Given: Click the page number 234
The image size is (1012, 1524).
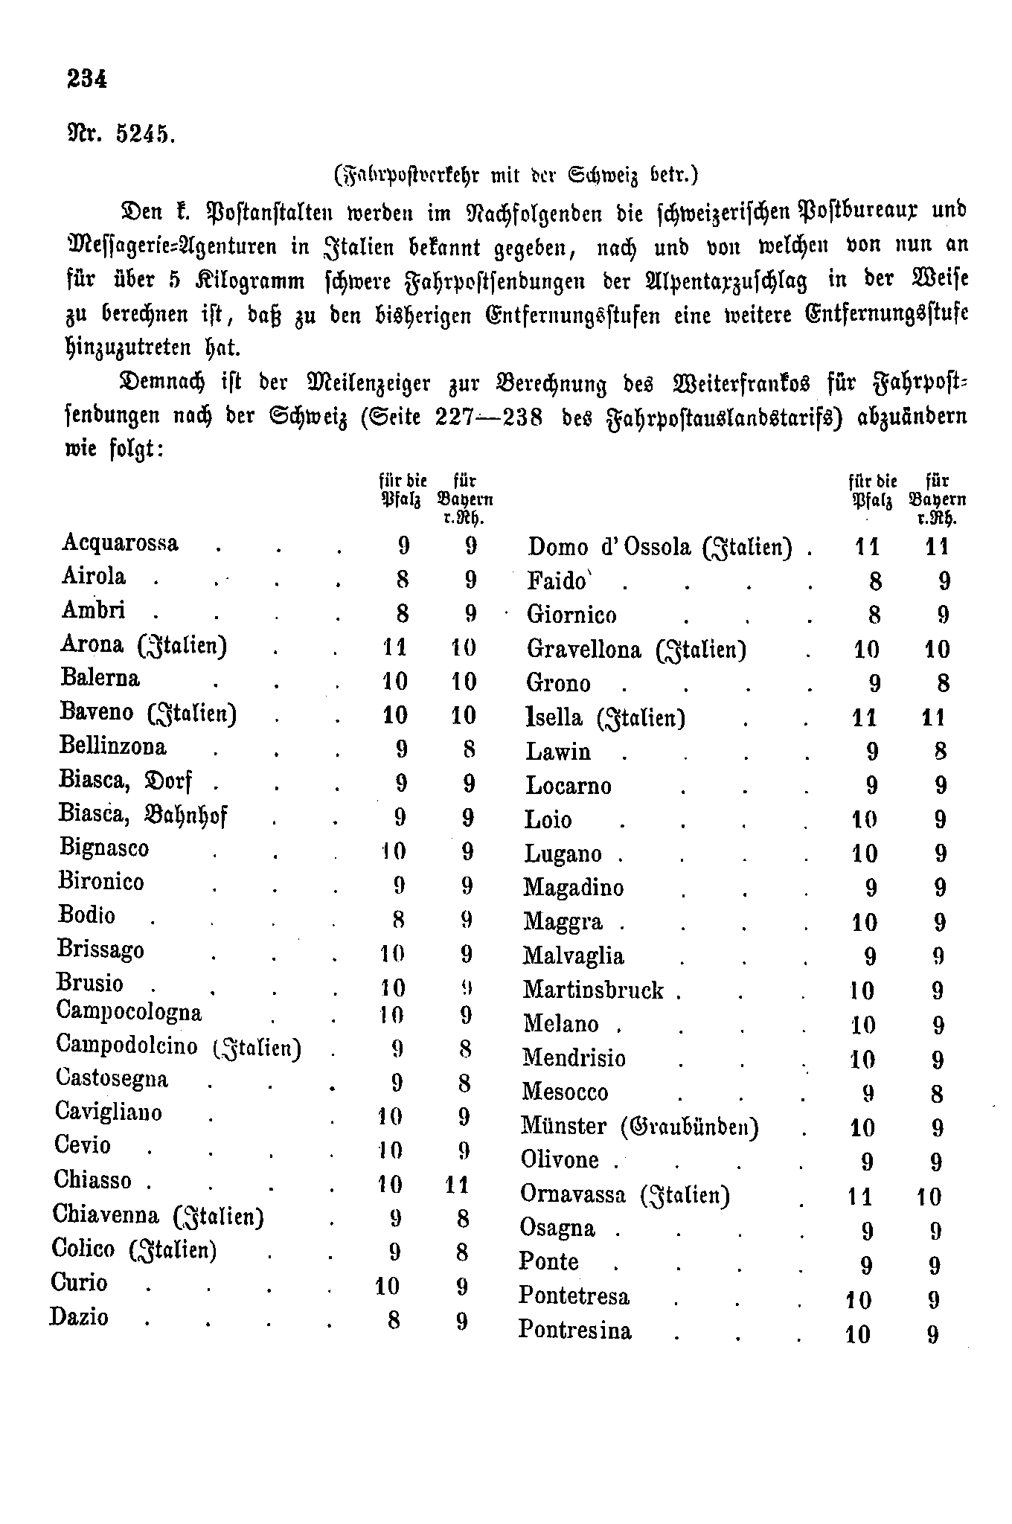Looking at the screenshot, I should tap(87, 78).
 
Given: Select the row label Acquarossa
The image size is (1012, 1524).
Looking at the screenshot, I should tap(120, 542).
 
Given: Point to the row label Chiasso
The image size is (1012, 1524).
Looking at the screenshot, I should tap(92, 1180).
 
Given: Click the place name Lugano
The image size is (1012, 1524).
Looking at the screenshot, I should tap(563, 854).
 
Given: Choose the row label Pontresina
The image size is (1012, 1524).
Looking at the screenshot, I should tap(574, 1330).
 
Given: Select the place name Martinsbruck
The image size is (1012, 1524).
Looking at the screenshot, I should tap(592, 990).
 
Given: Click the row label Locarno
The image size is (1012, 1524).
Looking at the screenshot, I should tap(568, 786).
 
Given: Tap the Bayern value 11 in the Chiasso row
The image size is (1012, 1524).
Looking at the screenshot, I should tap(457, 1184).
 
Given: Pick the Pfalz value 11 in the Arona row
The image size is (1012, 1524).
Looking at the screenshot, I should tap(394, 647).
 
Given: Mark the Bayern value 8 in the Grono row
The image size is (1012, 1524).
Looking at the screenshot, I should tap(943, 683).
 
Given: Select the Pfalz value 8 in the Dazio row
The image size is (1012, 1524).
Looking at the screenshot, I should tap(394, 1320).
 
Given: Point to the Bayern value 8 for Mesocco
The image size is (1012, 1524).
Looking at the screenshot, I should tap(937, 1094).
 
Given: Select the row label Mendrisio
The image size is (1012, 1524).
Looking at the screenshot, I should tap(574, 1058).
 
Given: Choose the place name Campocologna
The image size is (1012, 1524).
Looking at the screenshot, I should tap(128, 1012).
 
